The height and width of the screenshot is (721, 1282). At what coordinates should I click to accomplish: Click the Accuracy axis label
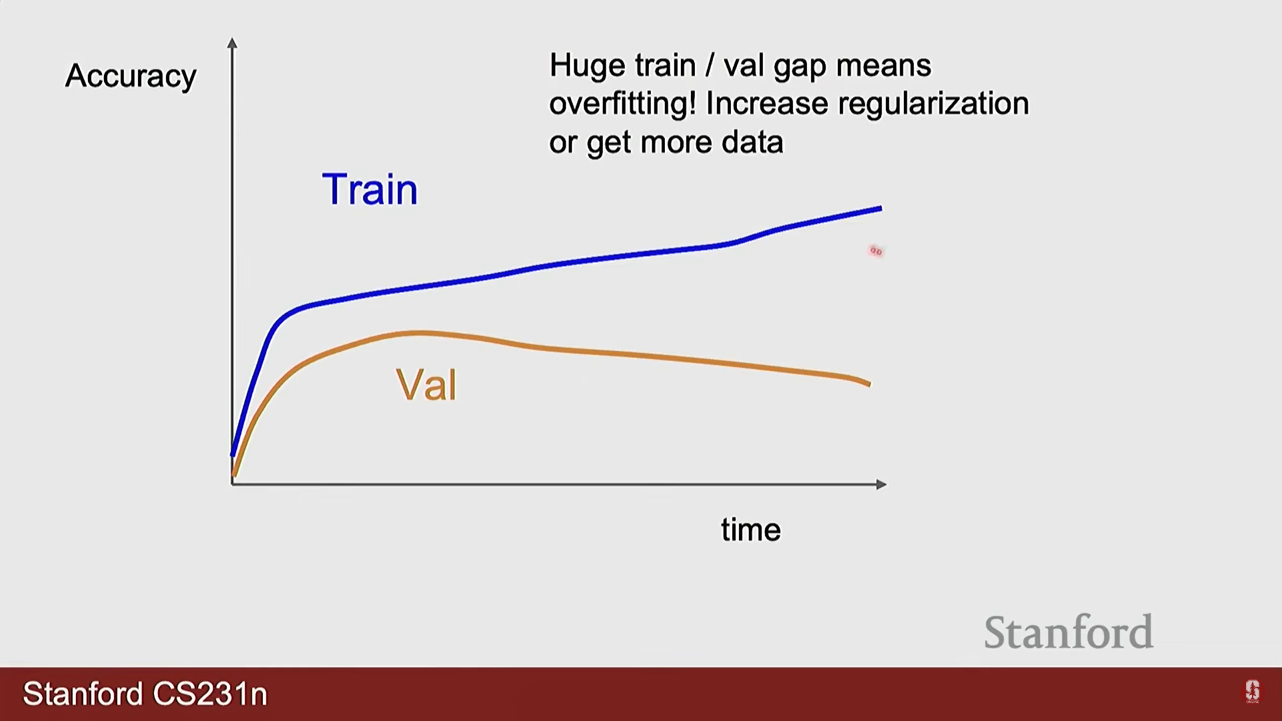tap(131, 76)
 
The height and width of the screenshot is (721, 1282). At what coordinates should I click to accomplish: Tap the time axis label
tap(751, 530)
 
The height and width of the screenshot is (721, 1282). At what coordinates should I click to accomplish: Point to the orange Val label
tap(426, 385)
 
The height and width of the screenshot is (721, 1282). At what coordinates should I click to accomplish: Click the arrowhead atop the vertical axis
tap(232, 43)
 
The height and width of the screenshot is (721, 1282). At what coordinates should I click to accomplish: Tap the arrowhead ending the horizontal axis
tap(881, 484)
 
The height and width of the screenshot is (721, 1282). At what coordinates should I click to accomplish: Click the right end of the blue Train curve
tap(881, 209)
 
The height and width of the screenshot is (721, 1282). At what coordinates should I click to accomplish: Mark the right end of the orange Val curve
tap(869, 384)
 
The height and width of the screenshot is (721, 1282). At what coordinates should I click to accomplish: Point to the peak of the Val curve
tap(417, 332)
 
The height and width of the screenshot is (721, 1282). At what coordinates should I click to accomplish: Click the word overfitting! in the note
tap(622, 103)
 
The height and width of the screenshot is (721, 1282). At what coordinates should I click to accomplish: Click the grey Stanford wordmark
tap(1068, 632)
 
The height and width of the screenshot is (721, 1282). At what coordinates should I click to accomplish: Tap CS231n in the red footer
tap(210, 694)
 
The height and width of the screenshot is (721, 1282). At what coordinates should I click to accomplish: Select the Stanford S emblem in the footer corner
tap(1252, 691)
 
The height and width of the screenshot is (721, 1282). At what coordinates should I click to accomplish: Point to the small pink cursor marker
tap(876, 251)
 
